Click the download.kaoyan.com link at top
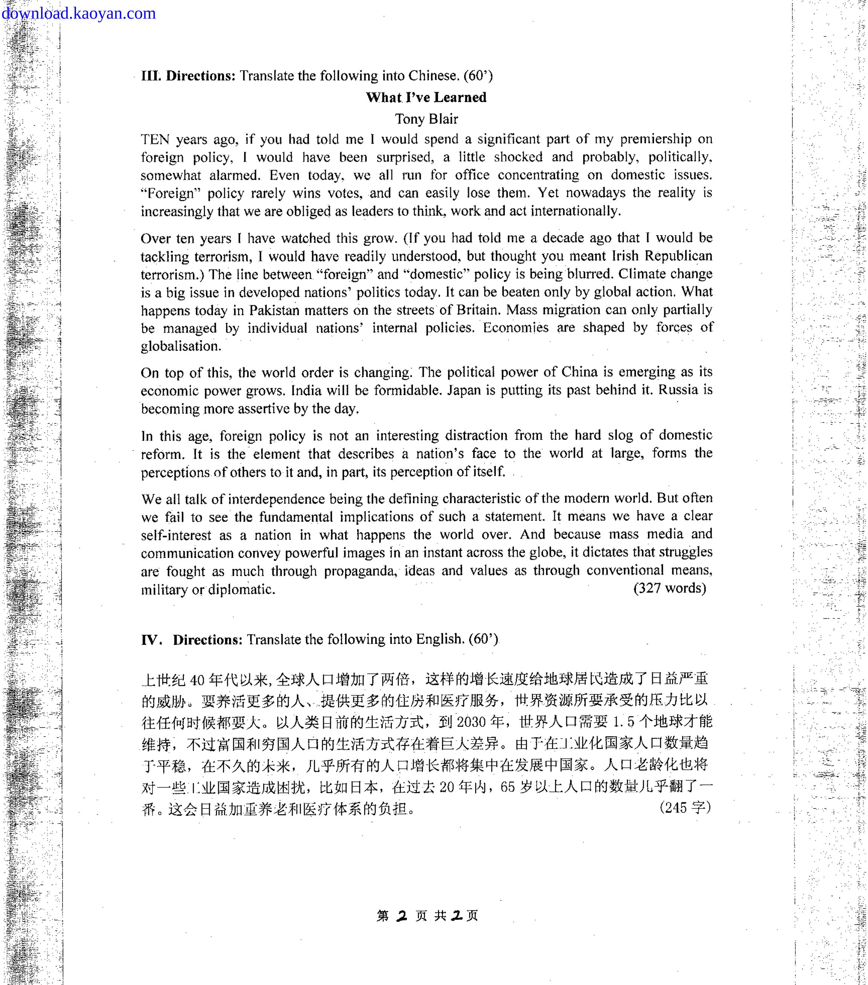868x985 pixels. (78, 14)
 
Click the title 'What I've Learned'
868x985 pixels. (426, 97)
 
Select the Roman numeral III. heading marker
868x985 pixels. (151, 76)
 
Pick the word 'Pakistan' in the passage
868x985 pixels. (280, 310)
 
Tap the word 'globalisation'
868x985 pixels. (180, 346)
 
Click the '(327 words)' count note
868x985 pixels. (669, 588)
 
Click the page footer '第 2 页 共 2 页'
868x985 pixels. (427, 916)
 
